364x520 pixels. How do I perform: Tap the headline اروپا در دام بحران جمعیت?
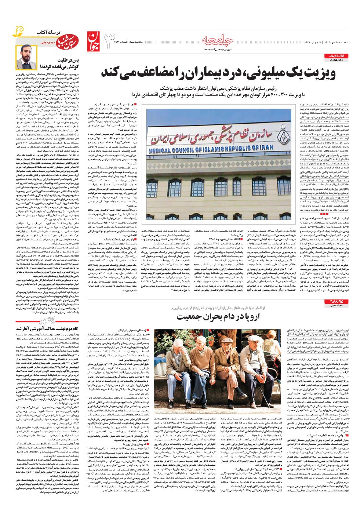(223, 317)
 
